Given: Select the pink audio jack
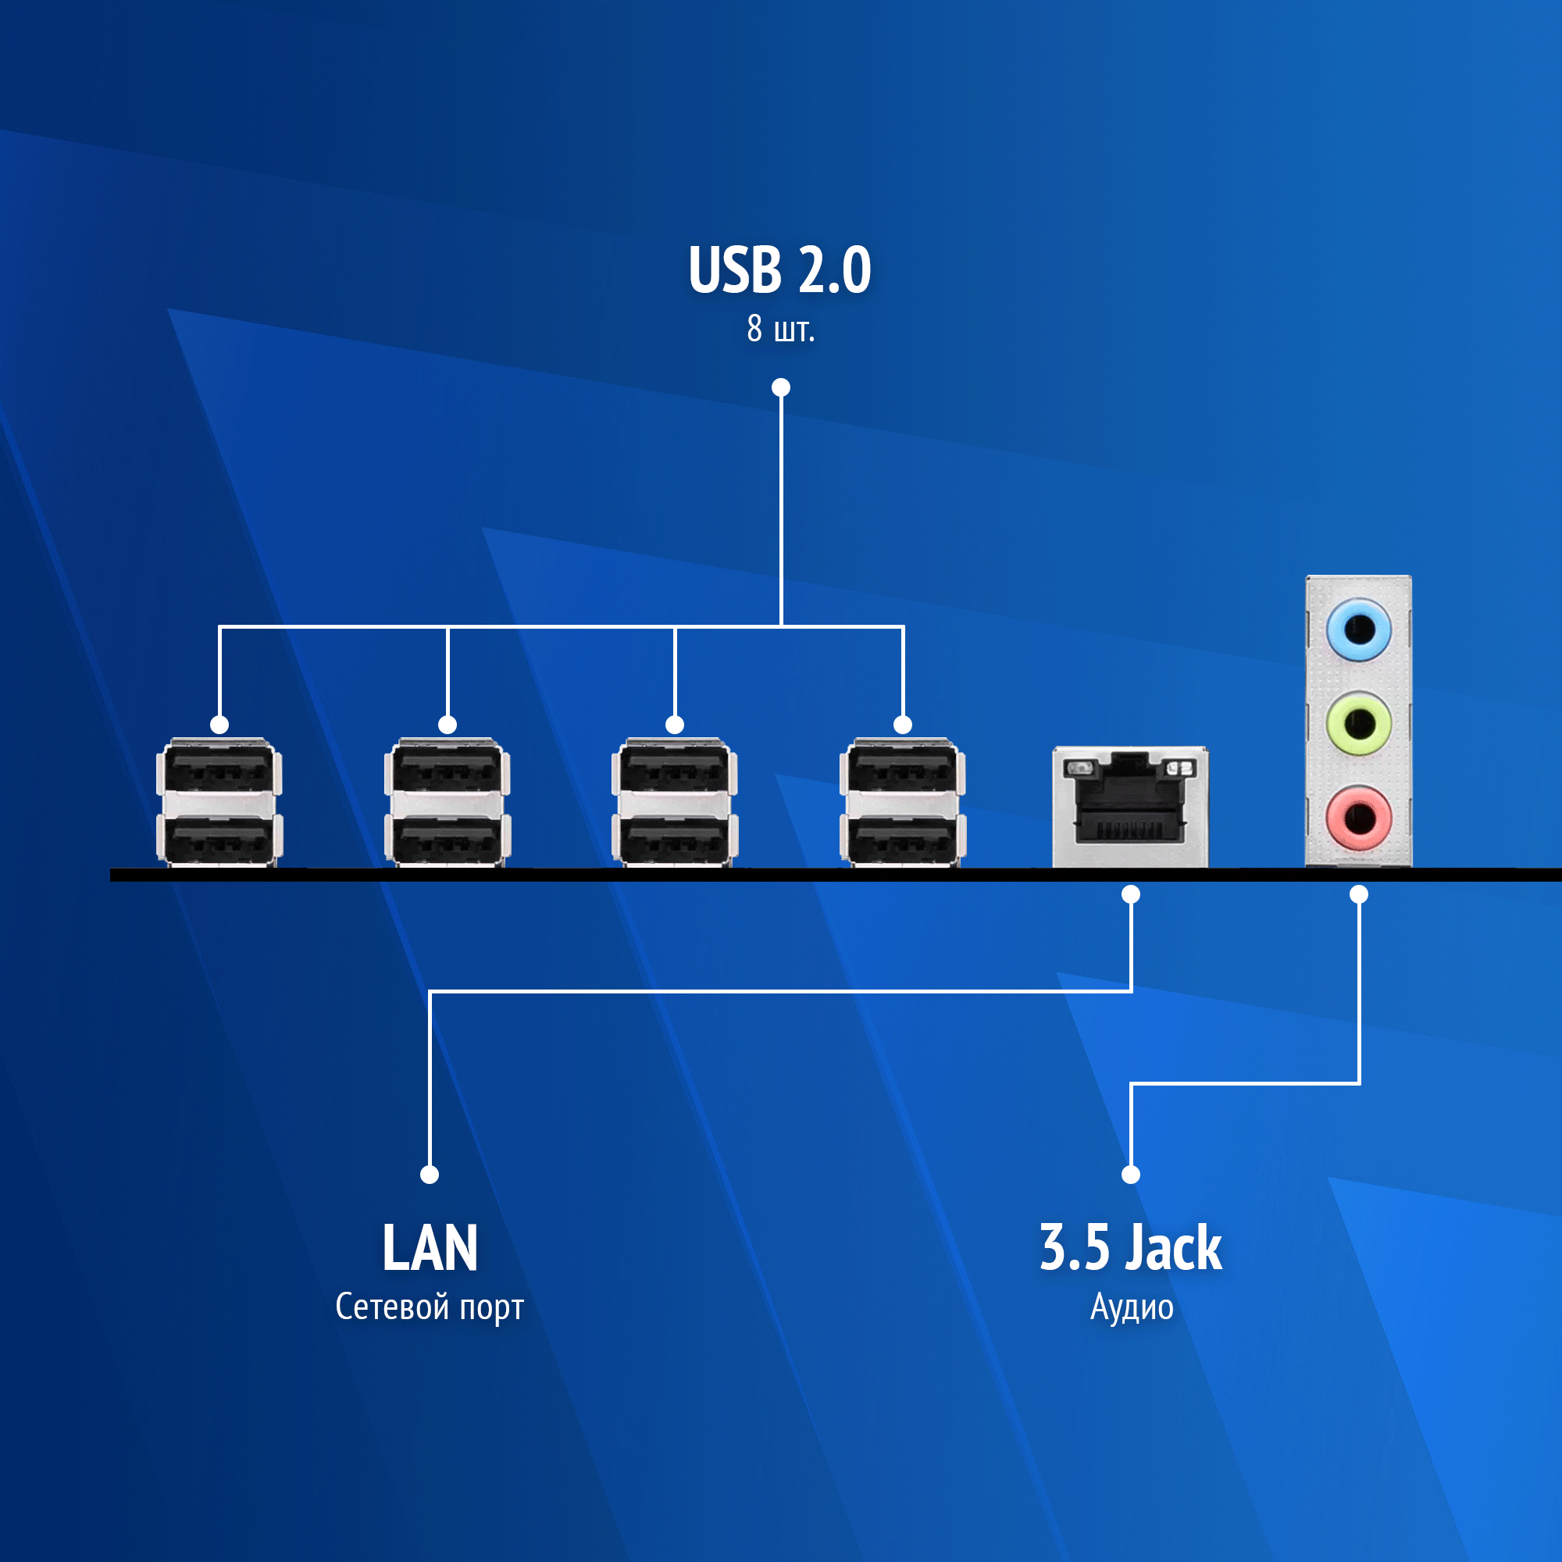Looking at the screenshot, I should [1358, 817].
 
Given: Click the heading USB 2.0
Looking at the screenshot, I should [780, 269].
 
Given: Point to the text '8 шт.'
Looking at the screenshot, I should [780, 329].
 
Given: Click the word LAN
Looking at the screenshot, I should [430, 1247].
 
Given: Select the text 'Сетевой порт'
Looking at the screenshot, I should [430, 1307].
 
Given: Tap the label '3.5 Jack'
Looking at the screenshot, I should [1130, 1247].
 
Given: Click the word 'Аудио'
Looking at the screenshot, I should [1131, 1307].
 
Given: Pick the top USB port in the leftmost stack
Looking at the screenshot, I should [219, 769].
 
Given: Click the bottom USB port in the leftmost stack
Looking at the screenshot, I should [219, 840].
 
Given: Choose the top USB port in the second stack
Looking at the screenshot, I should [447, 769].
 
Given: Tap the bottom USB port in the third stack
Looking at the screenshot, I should [674, 840].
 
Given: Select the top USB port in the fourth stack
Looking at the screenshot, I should [902, 769].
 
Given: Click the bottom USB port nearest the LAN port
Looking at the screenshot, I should [902, 840].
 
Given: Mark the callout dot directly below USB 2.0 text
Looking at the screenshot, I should [780, 387].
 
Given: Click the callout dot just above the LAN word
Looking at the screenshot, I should [430, 1174].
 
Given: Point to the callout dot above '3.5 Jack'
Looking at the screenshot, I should [1130, 1174].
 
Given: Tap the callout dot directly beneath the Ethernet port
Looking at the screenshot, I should [1130, 894].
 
